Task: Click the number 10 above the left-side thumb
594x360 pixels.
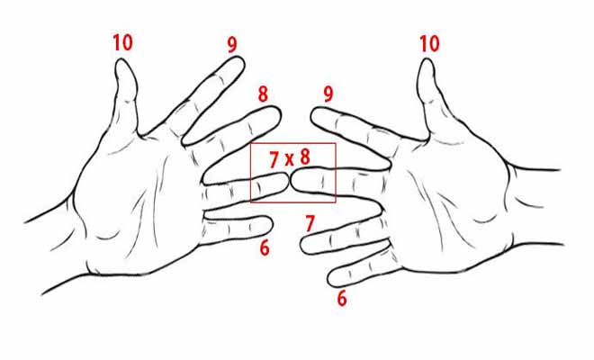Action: pos(123,42)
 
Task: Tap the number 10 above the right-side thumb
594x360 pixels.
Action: pos(429,43)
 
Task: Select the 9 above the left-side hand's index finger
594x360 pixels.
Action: pos(232,45)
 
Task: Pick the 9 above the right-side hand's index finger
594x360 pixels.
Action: pos(328,94)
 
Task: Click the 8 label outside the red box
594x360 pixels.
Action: pos(263,94)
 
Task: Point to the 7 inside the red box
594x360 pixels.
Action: pos(274,159)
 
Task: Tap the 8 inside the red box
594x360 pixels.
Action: pos(305,157)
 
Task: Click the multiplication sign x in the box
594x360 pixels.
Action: pos(289,160)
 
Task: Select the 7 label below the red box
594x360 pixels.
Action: pos(310,223)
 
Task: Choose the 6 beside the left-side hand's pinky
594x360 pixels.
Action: pos(265,248)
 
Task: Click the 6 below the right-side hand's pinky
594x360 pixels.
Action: pos(342,299)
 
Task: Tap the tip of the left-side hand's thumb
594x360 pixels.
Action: pos(122,59)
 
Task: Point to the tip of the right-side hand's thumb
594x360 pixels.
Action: pos(426,59)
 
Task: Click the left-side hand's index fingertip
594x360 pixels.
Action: pos(242,60)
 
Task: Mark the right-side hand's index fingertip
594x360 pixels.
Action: pos(312,113)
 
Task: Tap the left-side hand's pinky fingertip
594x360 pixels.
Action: pos(272,225)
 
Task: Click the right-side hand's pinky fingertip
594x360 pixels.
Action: pos(328,279)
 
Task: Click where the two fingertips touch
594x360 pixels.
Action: pos(290,180)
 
